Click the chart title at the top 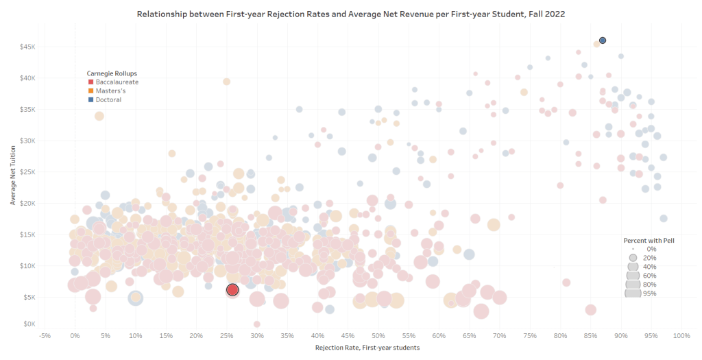point(350,14)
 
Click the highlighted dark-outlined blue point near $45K point(603,40)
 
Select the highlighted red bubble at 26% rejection point(232,290)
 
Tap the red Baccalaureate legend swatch point(90,82)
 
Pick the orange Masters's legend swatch point(90,91)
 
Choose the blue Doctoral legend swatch point(90,100)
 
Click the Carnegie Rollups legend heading point(111,73)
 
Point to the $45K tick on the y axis point(26,47)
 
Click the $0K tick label point(28,324)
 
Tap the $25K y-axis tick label point(26,171)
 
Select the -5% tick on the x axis point(45,336)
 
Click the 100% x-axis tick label point(681,336)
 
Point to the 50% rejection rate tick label point(378,336)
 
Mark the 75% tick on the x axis point(530,336)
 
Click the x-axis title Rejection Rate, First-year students point(367,348)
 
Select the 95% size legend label point(649,293)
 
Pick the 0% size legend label point(651,249)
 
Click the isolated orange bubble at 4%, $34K point(99,116)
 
